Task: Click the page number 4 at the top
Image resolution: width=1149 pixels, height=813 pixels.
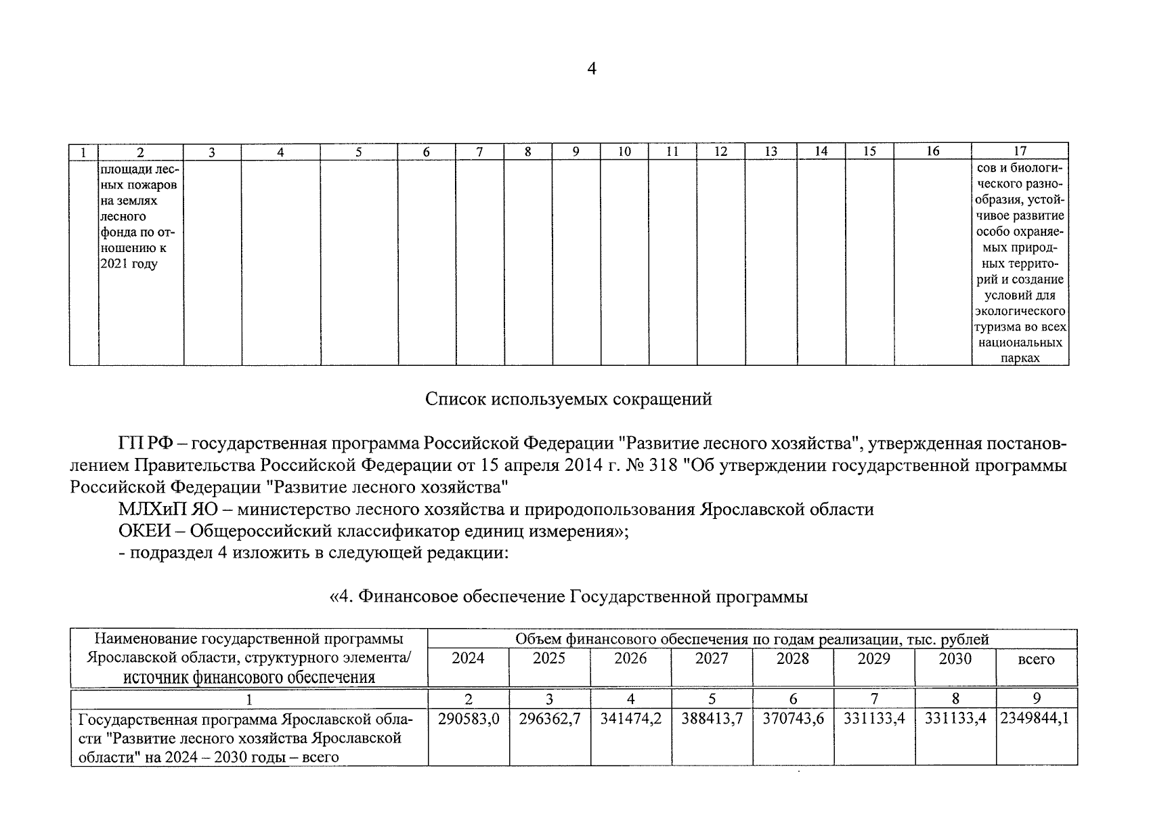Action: click(x=591, y=69)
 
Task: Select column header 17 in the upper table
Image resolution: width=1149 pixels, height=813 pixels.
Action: click(x=1020, y=152)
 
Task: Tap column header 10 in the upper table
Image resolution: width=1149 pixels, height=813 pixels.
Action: click(x=624, y=152)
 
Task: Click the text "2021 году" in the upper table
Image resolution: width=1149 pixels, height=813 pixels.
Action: click(x=129, y=264)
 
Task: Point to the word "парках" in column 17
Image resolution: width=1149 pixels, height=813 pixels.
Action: click(x=1020, y=358)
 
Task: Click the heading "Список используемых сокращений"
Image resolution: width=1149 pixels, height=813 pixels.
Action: click(x=568, y=399)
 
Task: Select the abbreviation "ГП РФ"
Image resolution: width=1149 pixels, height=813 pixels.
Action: click(x=146, y=444)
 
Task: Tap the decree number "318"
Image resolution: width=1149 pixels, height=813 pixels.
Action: click(x=662, y=465)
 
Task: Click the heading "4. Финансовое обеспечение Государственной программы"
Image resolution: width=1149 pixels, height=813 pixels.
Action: click(x=568, y=597)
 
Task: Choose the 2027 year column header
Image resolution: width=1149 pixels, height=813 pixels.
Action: click(x=712, y=659)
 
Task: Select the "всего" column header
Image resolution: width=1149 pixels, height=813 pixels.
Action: click(x=1036, y=659)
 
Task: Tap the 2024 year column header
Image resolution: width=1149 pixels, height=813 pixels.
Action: click(x=468, y=659)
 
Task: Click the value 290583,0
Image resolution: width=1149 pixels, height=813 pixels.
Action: click(x=469, y=719)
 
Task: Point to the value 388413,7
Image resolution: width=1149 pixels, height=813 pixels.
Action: click(x=712, y=719)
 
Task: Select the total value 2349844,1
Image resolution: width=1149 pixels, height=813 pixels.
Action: click(x=1037, y=719)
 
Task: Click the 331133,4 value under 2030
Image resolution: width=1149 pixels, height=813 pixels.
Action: click(x=955, y=719)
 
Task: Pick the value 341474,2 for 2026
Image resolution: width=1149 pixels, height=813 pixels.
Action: click(x=631, y=719)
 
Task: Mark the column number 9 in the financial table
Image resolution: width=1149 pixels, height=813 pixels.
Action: click(x=1037, y=699)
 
